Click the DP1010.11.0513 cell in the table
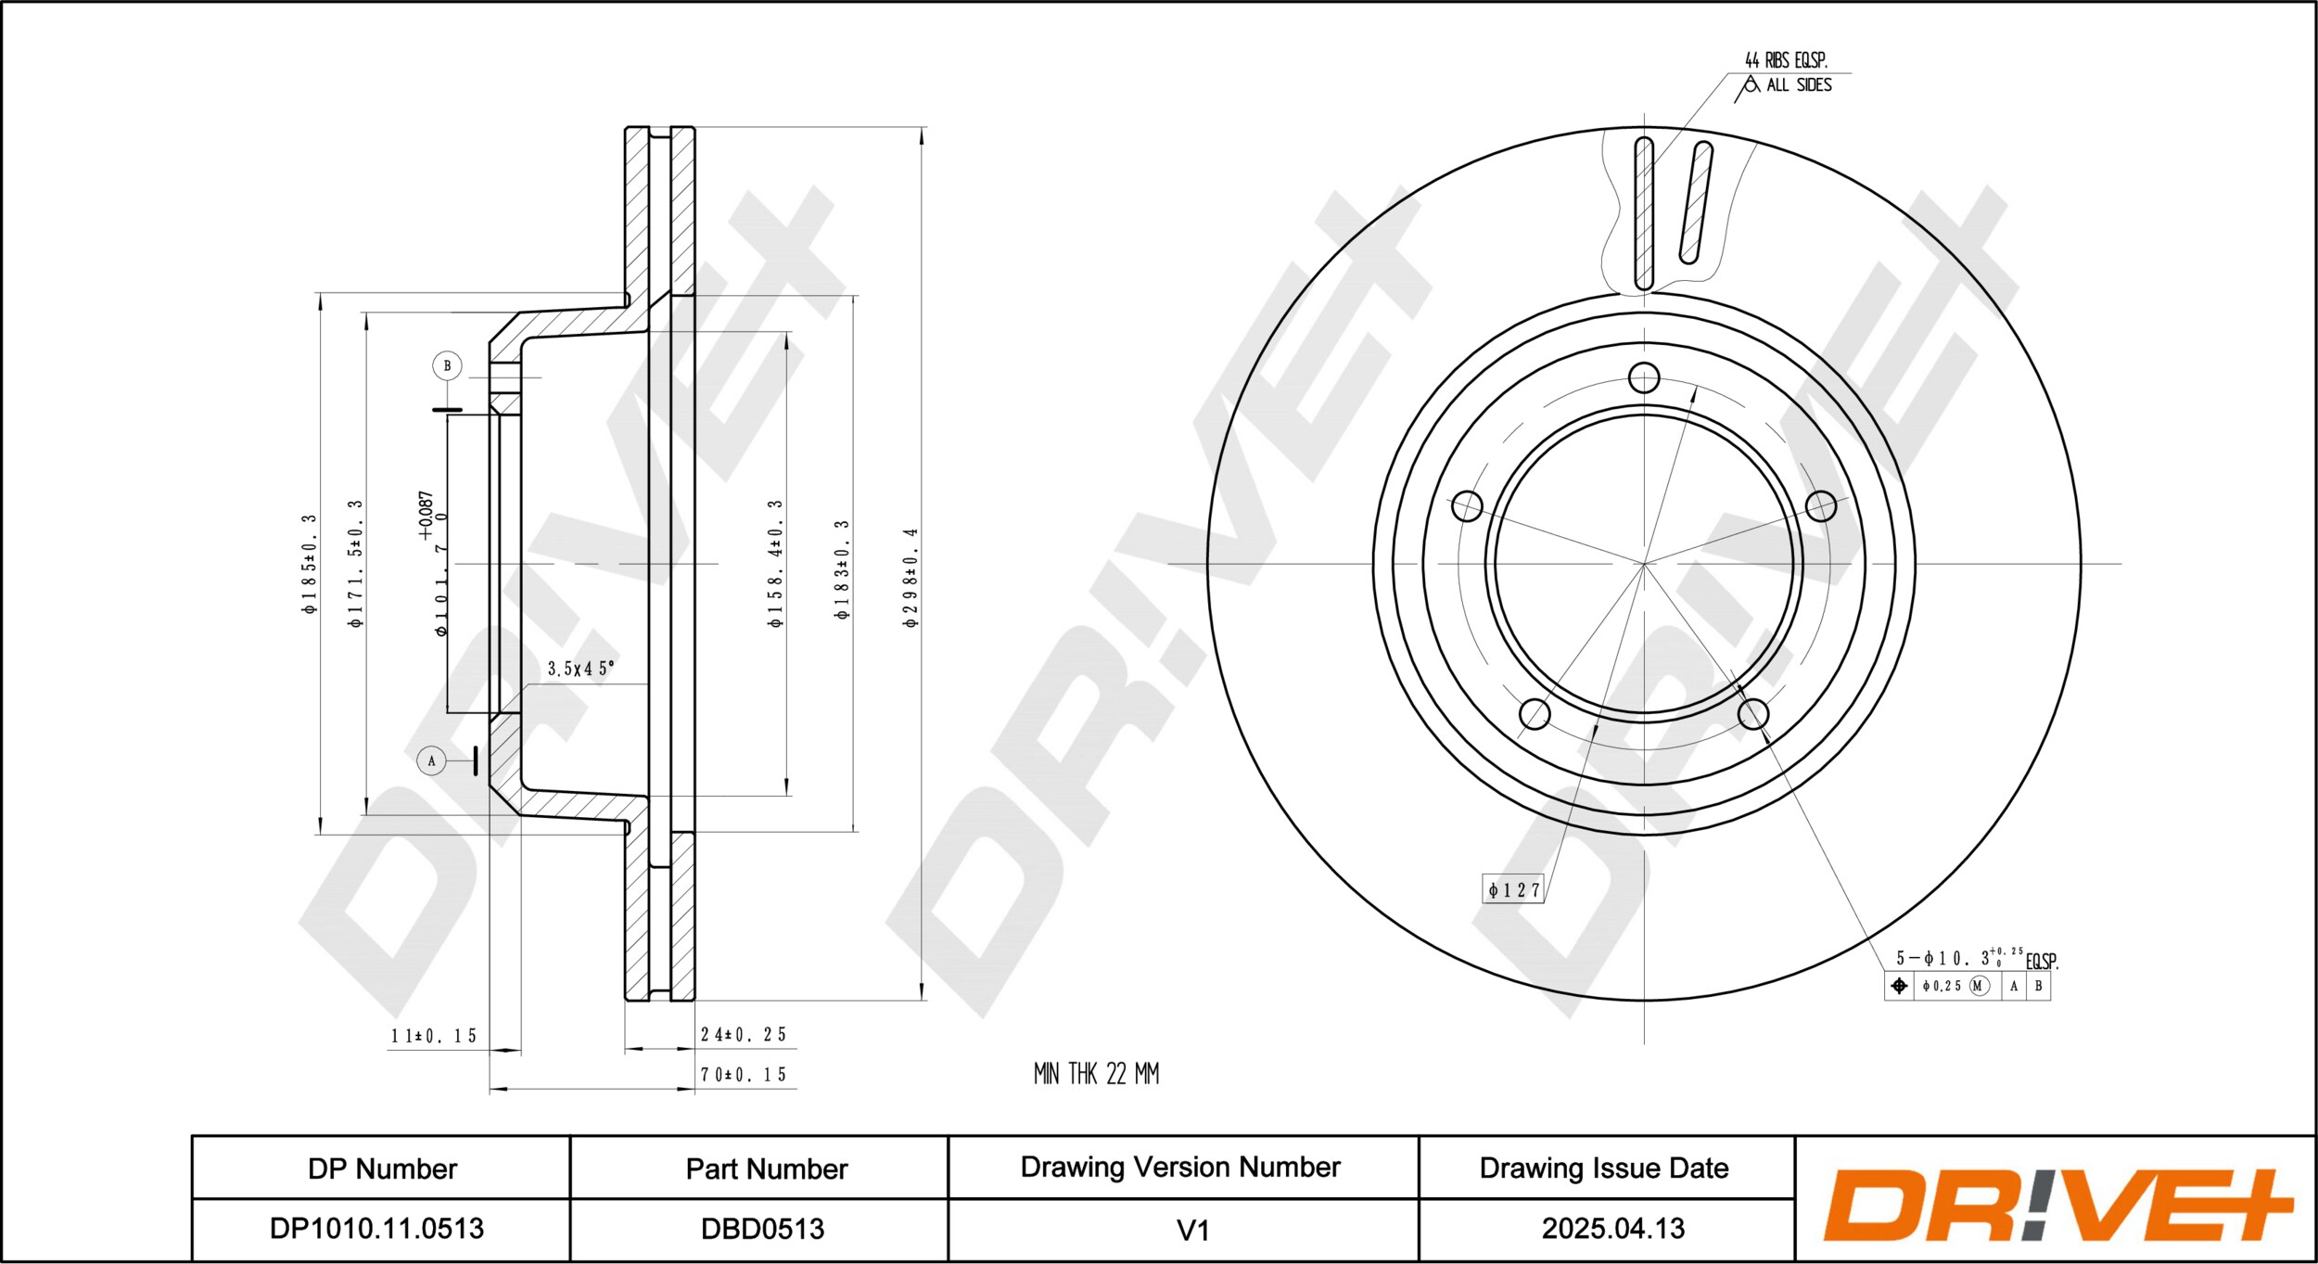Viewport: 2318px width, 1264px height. [x=376, y=1229]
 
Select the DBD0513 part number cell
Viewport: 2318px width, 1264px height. [x=762, y=1229]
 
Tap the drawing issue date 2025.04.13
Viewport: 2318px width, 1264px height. [x=1612, y=1229]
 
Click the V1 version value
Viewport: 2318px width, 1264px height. [x=1192, y=1231]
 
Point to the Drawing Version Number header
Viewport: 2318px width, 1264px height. [x=1180, y=1167]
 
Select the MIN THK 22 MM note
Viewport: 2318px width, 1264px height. [x=1096, y=1074]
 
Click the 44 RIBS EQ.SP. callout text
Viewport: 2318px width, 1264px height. [x=1786, y=60]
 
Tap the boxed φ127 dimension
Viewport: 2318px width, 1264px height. [x=1513, y=890]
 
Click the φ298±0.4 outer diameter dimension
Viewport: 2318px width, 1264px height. [x=911, y=578]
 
